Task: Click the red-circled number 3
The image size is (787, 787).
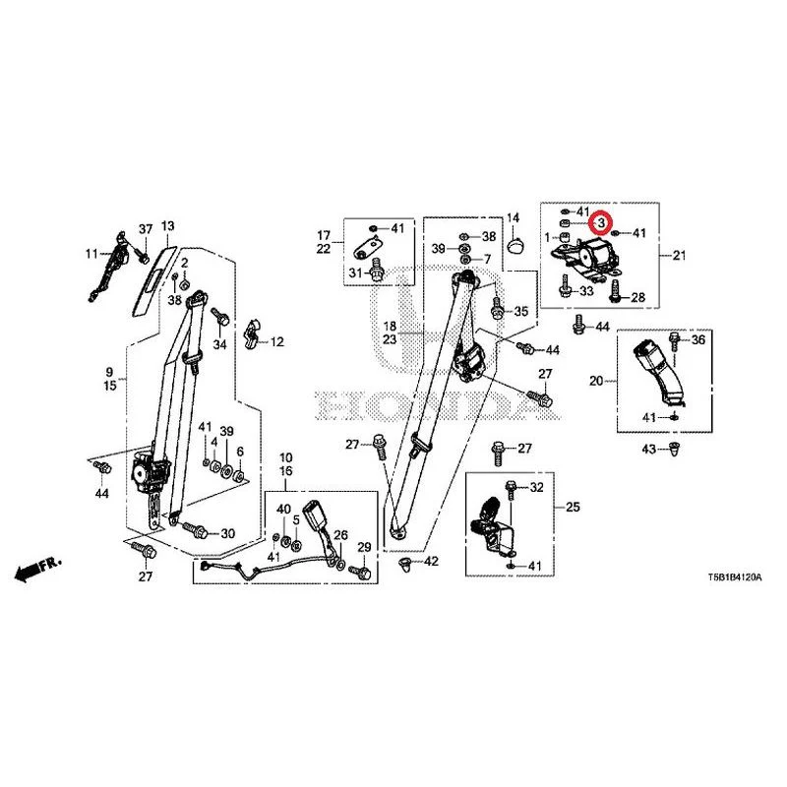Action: pyautogui.click(x=600, y=222)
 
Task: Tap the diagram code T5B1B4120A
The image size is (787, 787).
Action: pyautogui.click(x=734, y=577)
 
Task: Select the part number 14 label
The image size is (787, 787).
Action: pyautogui.click(x=513, y=217)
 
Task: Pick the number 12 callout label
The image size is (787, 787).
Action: pyautogui.click(x=277, y=342)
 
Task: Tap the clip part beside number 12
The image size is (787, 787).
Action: pyautogui.click(x=252, y=333)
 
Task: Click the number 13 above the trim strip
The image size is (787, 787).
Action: pyautogui.click(x=167, y=226)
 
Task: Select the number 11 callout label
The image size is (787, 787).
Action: pyautogui.click(x=91, y=254)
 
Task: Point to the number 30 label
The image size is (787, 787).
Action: pyautogui.click(x=228, y=533)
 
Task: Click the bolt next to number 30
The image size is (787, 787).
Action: pyautogui.click(x=195, y=529)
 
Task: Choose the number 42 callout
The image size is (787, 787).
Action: pyautogui.click(x=431, y=561)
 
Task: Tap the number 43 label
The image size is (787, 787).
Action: pyautogui.click(x=649, y=449)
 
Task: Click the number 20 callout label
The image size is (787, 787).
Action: pyautogui.click(x=596, y=381)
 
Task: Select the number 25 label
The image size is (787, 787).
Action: pyautogui.click(x=573, y=507)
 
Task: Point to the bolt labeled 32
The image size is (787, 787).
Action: pyautogui.click(x=511, y=489)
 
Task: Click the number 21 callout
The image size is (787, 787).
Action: pyautogui.click(x=679, y=256)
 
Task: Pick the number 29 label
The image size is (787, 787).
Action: pyautogui.click(x=364, y=547)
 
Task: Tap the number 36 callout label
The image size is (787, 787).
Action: pyautogui.click(x=698, y=339)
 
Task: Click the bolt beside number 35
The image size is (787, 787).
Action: pyautogui.click(x=497, y=307)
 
